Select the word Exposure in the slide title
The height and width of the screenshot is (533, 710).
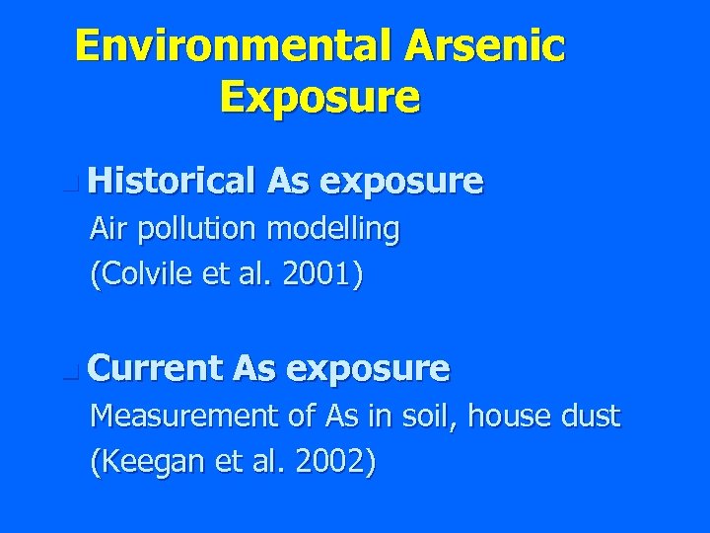click(x=320, y=97)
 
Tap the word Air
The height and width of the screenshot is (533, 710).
click(x=109, y=229)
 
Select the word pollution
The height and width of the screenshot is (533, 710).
click(x=187, y=231)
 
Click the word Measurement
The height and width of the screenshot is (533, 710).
click(x=183, y=418)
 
